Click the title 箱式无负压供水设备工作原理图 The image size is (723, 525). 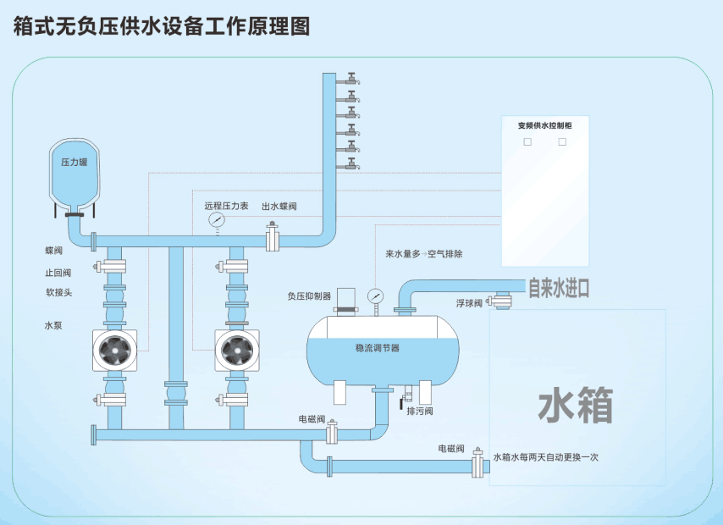(x=162, y=26)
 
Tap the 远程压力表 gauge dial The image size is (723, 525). (x=218, y=220)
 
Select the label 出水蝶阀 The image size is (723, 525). (x=279, y=207)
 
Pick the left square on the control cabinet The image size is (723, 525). (x=527, y=142)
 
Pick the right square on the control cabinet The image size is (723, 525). (x=562, y=142)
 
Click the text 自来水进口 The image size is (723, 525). (x=559, y=289)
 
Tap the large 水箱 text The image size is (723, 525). (x=576, y=406)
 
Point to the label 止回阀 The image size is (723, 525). (x=58, y=273)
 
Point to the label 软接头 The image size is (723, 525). (x=58, y=293)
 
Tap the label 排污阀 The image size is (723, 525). (x=420, y=411)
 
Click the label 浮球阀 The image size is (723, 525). (x=469, y=302)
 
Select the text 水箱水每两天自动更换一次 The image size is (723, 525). (x=545, y=457)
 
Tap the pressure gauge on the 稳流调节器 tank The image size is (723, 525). (x=375, y=296)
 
